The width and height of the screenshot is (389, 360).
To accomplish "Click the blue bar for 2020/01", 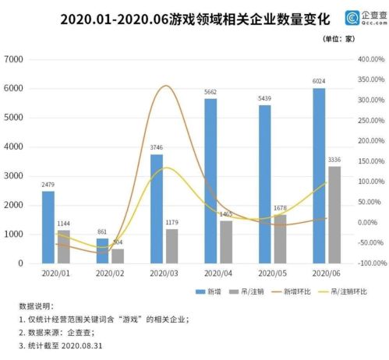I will click(48, 227).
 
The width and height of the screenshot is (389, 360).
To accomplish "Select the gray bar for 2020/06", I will click(334, 214).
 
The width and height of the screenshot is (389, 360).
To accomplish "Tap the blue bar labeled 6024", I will click(319, 175).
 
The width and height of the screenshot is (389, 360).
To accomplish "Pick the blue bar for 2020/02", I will click(103, 250).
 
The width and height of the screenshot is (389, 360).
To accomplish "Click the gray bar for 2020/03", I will click(172, 245).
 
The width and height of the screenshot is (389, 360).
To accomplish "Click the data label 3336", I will click(334, 160).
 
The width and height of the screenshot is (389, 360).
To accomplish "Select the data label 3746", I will click(156, 148).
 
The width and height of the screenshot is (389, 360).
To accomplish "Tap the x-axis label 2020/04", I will click(218, 274).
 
